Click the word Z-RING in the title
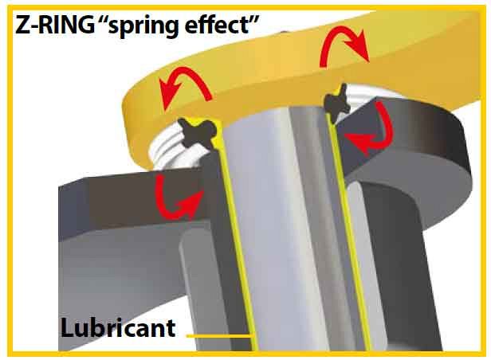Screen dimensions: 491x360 click(x=54, y=25)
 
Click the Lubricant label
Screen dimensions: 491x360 click(x=118, y=328)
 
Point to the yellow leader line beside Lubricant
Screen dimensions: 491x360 click(x=219, y=336)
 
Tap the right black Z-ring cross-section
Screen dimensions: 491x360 click(x=336, y=102)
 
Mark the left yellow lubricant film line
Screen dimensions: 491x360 click(x=238, y=235)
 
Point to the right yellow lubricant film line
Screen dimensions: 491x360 click(x=347, y=232)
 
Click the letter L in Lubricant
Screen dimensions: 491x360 click(x=68, y=328)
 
